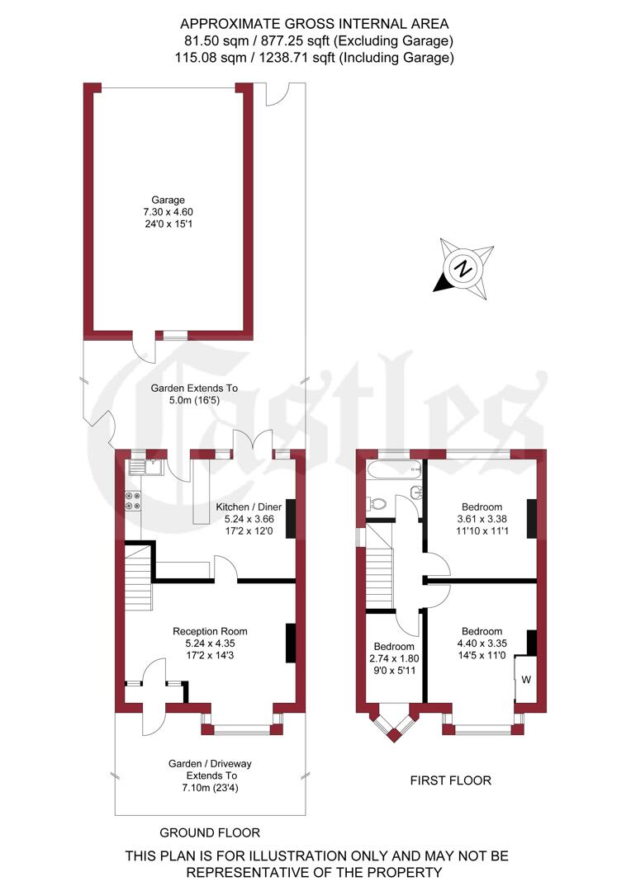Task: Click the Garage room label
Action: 168,200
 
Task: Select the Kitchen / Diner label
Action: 249,506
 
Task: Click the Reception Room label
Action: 210,631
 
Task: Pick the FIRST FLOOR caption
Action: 450,780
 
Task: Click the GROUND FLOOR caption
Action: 210,832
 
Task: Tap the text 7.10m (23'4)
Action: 209,788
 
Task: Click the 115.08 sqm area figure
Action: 203,58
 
